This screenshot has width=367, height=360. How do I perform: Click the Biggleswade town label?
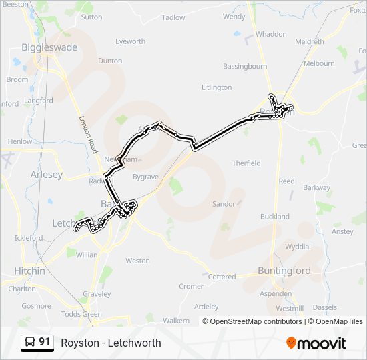49,47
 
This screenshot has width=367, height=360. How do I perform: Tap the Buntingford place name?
284,271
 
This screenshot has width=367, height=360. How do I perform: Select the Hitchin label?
30,271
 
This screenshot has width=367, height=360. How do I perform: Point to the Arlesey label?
47,174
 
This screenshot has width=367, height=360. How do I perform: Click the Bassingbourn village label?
245,67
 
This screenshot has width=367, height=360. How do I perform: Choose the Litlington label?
216,87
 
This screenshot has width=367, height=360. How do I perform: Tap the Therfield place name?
246,163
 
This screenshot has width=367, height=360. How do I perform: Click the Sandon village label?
225,204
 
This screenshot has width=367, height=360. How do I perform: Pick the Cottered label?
222,277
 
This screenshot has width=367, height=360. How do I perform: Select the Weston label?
137,261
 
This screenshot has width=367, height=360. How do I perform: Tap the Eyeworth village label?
130,41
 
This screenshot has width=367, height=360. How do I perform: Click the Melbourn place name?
319,63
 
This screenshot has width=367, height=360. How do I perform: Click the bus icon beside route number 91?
30,343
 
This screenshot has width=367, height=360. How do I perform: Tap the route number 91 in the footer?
45,343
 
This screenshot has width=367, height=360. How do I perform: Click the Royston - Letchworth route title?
111,343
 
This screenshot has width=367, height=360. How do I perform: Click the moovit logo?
316,343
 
